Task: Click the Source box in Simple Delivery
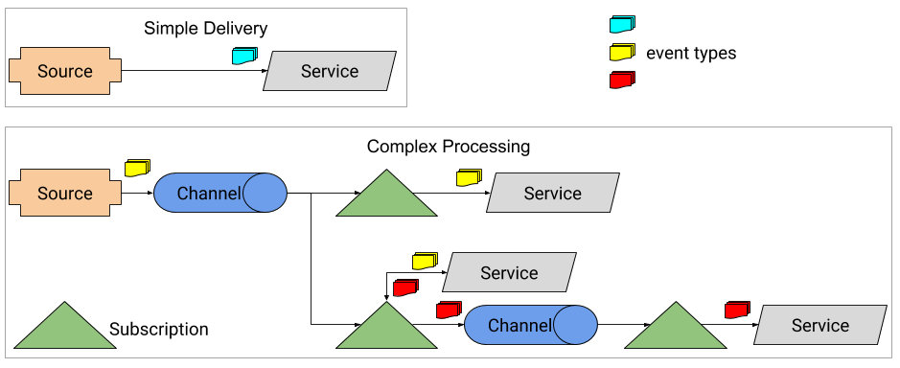click(65, 71)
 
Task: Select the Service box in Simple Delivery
click(330, 71)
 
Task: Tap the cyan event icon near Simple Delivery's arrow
click(244, 56)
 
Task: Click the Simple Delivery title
click(205, 28)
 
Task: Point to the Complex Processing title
click(449, 147)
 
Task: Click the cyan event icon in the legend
click(622, 24)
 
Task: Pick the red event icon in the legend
click(622, 80)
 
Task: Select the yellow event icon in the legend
click(622, 53)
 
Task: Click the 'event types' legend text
click(691, 54)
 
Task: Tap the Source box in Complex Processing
click(65, 193)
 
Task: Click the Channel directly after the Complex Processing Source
click(219, 193)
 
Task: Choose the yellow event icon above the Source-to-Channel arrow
click(137, 168)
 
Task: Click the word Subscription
click(159, 330)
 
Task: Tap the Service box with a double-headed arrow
click(509, 272)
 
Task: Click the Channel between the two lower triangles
click(530, 324)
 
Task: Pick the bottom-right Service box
click(820, 325)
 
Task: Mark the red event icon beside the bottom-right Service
click(738, 310)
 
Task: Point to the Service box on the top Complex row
click(553, 193)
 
